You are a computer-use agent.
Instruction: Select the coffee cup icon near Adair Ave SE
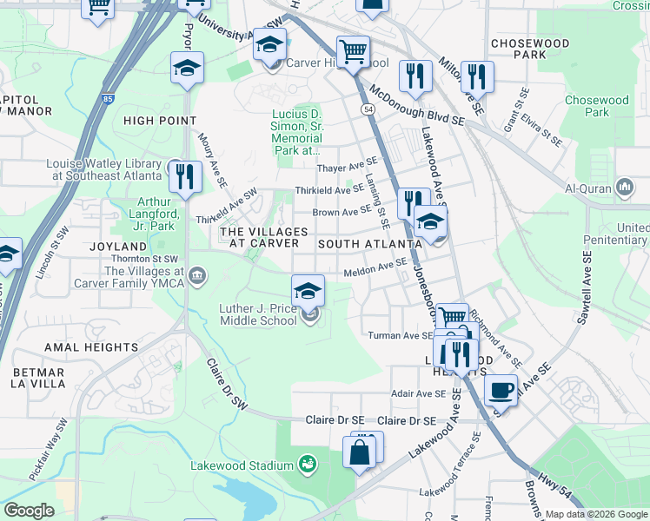point(500,390)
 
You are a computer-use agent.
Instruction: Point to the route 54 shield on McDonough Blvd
point(368,109)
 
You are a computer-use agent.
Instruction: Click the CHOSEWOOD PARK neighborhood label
point(530,48)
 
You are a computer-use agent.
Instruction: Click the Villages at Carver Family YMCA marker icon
point(198,276)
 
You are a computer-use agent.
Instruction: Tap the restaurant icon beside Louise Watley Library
point(184,176)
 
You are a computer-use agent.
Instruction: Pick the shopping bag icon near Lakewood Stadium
point(359,452)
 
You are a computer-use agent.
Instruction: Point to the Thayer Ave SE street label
point(348,165)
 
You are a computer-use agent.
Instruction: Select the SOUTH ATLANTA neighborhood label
point(363,244)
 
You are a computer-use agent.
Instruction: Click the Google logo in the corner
point(29,510)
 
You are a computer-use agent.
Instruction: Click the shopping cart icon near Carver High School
point(353,52)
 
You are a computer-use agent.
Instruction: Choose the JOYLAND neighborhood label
point(117,247)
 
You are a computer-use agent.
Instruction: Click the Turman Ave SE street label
point(400,335)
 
